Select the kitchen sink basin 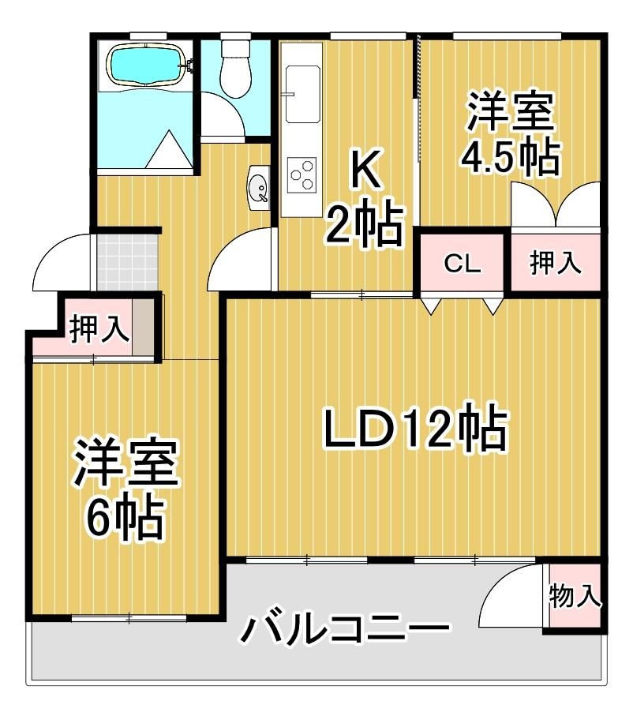[303, 94]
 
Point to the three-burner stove [302, 174]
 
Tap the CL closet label [463, 264]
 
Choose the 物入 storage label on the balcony [575, 596]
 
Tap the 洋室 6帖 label [125, 489]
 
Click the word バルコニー [345, 629]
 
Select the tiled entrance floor [127, 262]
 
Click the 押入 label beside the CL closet [556, 263]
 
